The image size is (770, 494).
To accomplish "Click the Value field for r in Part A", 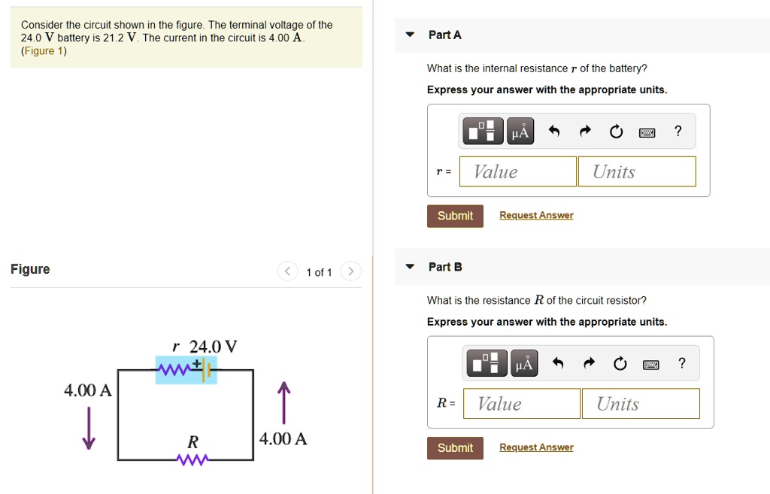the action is [517, 171].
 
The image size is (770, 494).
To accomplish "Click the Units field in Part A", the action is [636, 171].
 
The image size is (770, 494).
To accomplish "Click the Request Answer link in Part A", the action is [536, 216].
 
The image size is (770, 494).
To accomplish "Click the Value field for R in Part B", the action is [521, 404].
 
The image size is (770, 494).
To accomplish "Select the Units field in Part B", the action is [640, 404].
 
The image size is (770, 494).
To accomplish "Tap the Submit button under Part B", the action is [455, 448].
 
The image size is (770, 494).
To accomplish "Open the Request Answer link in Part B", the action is [536, 447].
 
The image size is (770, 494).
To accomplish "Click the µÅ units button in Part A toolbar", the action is [520, 132].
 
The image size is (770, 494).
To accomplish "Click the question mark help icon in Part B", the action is [681, 364].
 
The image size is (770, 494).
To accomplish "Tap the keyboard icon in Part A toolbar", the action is [647, 132].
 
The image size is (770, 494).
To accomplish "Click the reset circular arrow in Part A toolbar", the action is [616, 132].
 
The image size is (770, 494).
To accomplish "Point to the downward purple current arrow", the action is [89, 428].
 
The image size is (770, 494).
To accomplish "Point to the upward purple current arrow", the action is [283, 404].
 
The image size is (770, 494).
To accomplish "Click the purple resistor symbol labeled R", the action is [192, 459].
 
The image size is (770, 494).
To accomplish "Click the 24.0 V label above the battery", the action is [213, 347].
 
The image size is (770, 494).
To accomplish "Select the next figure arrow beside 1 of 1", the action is [351, 271].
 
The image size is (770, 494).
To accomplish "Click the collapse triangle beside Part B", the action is [410, 267].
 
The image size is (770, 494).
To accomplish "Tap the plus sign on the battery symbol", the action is [197, 362].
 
